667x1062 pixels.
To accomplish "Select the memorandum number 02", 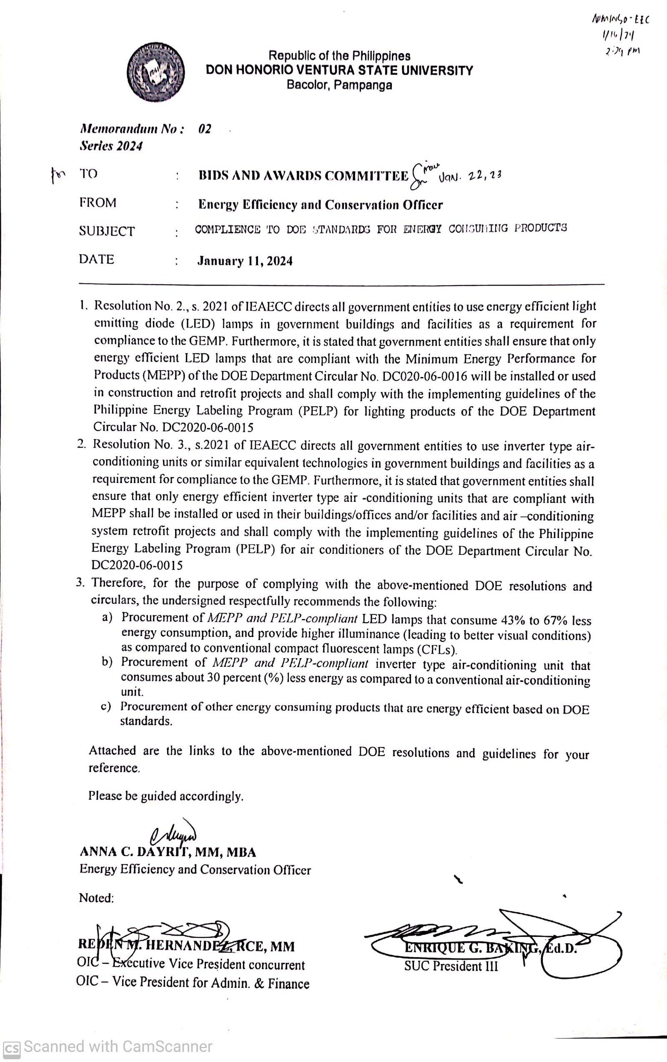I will (205, 129).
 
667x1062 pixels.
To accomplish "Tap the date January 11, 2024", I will (245, 261).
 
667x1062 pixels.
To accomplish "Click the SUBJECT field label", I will (107, 231).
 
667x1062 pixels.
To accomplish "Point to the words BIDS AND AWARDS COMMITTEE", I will (303, 176).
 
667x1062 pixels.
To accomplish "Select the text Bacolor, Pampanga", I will (339, 85).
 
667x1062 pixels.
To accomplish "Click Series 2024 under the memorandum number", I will (111, 146).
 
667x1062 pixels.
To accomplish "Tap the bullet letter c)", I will (106, 706).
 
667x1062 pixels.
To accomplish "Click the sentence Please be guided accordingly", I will (166, 796).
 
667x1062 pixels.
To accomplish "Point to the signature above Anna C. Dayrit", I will (173, 833).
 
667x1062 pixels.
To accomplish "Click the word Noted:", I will (96, 898).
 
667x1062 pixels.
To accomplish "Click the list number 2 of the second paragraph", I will (81, 445).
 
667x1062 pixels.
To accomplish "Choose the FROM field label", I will (98, 203).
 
